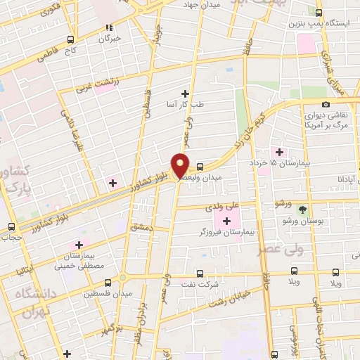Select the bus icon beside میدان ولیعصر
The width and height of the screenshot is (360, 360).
coord(201,167)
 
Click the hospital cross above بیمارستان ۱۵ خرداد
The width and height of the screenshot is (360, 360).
coord(280,152)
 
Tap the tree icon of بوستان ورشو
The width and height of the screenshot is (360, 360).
coord(302,210)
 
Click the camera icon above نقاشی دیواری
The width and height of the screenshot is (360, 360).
coord(326,105)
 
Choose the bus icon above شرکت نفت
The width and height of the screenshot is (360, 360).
coord(200,274)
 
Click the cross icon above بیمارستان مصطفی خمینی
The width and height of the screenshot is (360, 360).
coord(78,244)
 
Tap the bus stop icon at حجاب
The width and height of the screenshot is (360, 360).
coord(11,226)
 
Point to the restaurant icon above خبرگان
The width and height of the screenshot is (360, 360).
coord(109,28)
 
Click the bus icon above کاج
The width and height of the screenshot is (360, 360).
coord(69,39)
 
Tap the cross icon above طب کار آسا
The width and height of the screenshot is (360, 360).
coord(186,94)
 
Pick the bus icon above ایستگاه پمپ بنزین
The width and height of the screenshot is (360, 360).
coord(319,13)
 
